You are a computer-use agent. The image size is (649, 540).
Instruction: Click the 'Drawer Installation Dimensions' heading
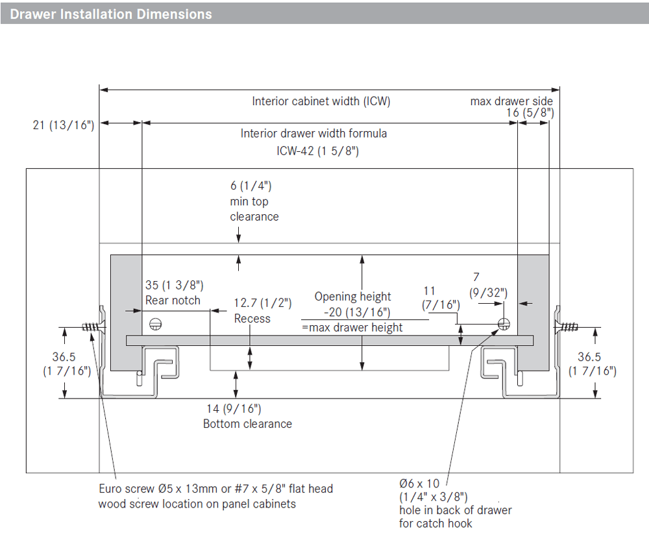[x=111, y=14]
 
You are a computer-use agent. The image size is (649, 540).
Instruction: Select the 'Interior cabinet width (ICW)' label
[x=321, y=101]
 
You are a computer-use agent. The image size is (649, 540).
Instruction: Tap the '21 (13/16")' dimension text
[x=64, y=125]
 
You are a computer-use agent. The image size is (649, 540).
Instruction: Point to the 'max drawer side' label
[x=511, y=101]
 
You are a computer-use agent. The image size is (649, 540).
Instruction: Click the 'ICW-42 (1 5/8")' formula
[x=317, y=151]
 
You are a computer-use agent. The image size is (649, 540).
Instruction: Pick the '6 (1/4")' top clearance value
[x=251, y=186]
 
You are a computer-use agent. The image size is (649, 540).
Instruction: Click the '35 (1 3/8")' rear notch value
[x=174, y=285]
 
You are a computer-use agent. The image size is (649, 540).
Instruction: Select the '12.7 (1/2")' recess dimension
[x=262, y=303]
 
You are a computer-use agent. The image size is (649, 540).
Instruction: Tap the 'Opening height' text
[x=352, y=296]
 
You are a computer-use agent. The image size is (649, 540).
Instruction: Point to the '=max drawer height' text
[x=352, y=327]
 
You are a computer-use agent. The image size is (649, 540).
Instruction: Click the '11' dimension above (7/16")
[x=429, y=291]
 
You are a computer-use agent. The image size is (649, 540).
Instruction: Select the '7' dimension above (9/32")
[x=476, y=277]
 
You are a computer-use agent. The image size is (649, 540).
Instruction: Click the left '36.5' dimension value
[x=64, y=357]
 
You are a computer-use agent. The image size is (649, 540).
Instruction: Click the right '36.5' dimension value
[x=589, y=357]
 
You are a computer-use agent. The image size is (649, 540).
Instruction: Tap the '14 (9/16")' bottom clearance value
[x=234, y=409]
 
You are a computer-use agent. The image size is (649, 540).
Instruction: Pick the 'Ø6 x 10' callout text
[x=419, y=484]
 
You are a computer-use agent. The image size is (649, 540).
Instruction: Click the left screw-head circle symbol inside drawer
[x=155, y=324]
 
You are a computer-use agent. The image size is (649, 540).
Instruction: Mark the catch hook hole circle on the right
[x=504, y=324]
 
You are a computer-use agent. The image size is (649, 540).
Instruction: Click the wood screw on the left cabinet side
[x=93, y=327]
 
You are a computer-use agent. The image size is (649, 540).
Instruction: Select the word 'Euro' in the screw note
[x=112, y=489]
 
